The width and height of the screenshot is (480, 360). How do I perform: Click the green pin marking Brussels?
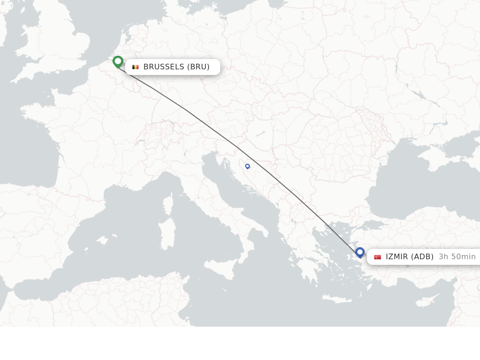(118, 61)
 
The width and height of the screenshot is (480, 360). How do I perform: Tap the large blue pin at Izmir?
(360, 252)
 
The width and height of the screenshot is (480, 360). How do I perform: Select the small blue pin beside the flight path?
(247, 166)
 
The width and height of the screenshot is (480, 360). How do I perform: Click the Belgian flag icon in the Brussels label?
(135, 67)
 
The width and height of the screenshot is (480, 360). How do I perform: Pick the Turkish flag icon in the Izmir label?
(377, 257)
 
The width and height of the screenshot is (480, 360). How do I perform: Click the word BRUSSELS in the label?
(164, 67)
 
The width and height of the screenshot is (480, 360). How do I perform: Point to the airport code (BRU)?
(198, 67)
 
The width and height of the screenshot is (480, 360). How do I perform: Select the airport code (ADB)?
(422, 257)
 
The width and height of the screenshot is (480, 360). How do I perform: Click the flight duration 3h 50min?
(457, 257)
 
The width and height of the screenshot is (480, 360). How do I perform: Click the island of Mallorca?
(101, 240)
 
